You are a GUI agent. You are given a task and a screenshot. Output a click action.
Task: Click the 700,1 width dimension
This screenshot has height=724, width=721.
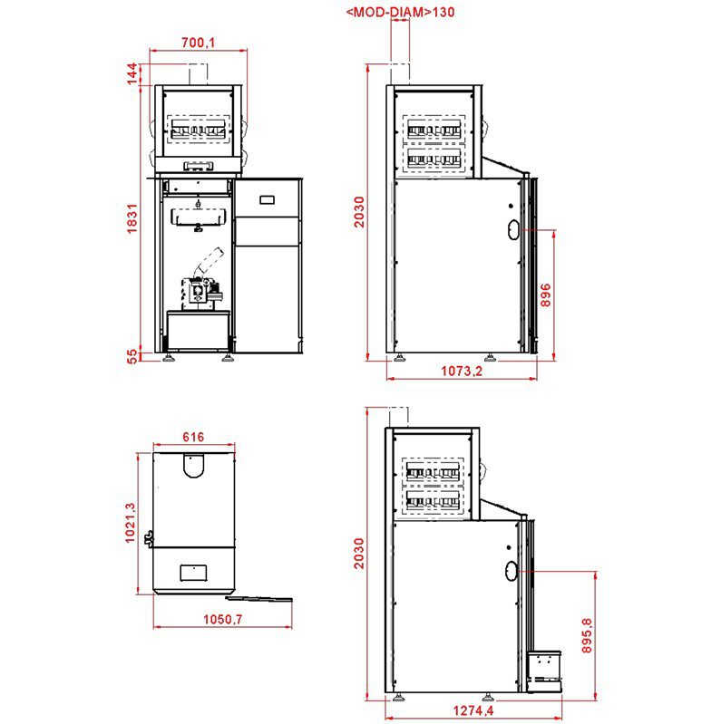point(199,43)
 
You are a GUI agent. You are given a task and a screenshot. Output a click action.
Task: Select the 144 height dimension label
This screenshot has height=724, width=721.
point(132,74)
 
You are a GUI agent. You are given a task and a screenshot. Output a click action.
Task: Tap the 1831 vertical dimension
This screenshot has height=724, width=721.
point(132,218)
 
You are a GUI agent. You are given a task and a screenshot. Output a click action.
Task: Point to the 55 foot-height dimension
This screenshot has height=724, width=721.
point(132,356)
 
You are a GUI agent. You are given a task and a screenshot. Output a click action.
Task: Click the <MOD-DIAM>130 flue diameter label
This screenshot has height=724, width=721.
point(400,12)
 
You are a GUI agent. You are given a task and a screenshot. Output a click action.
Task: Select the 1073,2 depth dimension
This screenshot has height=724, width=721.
point(462,371)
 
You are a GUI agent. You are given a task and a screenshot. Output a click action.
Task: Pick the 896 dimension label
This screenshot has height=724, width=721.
point(546,295)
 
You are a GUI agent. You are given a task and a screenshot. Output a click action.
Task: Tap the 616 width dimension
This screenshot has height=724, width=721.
point(193,437)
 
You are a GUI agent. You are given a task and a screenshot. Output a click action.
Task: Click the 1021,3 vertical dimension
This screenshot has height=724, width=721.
point(131,523)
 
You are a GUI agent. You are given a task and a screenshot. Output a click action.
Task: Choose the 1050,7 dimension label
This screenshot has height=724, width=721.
point(223,619)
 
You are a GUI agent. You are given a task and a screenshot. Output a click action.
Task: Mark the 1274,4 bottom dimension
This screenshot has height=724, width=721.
point(473,710)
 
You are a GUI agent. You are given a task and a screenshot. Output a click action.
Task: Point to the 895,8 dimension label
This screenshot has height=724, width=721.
point(587,636)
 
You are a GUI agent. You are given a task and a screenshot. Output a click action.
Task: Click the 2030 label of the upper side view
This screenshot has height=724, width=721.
point(359,212)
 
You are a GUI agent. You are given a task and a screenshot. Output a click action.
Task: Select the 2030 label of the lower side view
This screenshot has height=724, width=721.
point(359,554)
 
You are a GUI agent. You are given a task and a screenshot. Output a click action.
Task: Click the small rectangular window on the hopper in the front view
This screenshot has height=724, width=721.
point(268,200)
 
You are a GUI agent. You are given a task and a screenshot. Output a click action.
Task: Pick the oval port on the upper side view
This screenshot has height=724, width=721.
point(513,229)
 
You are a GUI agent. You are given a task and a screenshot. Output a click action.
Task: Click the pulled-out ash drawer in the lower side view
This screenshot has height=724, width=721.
point(544,671)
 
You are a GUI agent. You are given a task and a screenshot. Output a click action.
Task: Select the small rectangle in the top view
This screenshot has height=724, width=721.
point(193,573)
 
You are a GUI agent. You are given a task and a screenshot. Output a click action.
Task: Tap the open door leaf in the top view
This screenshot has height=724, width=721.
point(258,599)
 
